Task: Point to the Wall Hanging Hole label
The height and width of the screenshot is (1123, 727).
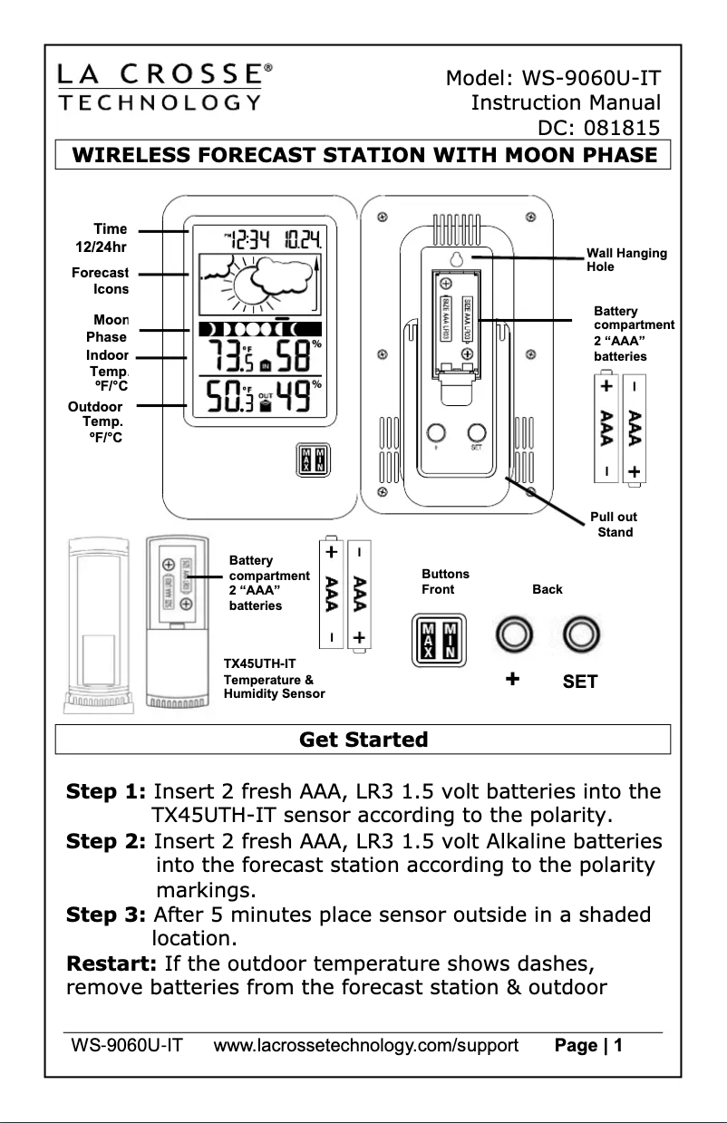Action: pos(626,259)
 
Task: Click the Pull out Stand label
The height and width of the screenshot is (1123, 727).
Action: pos(614,524)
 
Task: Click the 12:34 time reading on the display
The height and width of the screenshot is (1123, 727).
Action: pos(248,240)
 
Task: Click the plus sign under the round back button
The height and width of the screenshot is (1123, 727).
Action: pos(513,679)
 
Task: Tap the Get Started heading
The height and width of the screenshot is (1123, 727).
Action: pos(363,740)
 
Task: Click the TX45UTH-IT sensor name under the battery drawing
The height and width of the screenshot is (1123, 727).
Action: pos(259,663)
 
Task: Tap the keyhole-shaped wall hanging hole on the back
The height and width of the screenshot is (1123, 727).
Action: pos(458,259)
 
